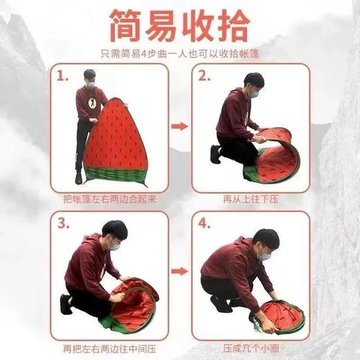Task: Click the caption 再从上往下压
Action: coord(250,199)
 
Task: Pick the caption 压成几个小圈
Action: coord(250,348)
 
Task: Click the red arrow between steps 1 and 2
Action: coord(179,127)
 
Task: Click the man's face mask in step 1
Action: coord(90,84)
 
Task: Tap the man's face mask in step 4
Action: coord(263,255)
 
